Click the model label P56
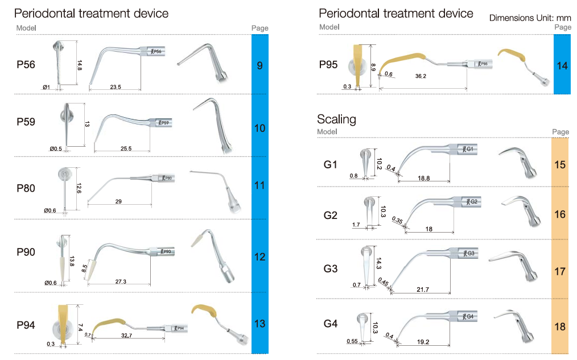tap(26, 65)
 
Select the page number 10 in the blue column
tap(259, 129)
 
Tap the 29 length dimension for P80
tap(118, 201)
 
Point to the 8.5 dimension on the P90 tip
tap(85, 268)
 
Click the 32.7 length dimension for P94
tap(126, 336)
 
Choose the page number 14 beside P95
tap(562, 66)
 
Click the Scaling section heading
tap(336, 119)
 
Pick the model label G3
tap(331, 268)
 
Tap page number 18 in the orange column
tap(560, 327)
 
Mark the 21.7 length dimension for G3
tap(423, 290)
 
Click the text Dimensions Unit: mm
tap(530, 18)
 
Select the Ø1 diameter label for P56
tap(47, 87)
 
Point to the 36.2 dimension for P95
tap(421, 76)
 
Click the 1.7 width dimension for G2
tap(356, 225)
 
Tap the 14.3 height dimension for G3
tap(378, 263)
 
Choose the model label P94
tap(26, 325)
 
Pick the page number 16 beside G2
tap(560, 214)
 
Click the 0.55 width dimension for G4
tap(352, 341)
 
